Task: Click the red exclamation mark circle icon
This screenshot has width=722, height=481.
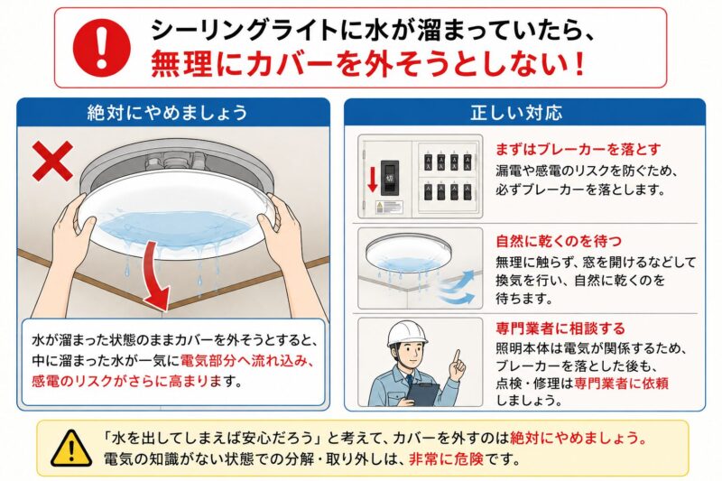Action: click(102, 48)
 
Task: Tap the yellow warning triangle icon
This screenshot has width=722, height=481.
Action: click(71, 449)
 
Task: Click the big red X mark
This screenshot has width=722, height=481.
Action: click(53, 161)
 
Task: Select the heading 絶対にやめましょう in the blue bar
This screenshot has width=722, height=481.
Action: click(168, 113)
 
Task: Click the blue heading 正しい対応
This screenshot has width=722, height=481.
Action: click(516, 113)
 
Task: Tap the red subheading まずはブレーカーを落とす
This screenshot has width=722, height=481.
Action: click(578, 150)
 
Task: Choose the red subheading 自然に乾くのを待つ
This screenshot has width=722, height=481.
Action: click(559, 241)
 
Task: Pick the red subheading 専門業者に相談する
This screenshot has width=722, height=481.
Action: click(560, 328)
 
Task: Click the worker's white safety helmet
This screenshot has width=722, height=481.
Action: click(407, 334)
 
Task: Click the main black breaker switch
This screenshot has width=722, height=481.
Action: click(390, 175)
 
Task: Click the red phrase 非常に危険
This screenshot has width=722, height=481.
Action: click(446, 459)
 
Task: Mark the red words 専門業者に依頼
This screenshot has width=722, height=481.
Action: click(621, 383)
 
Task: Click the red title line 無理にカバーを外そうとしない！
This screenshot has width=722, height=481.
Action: click(368, 64)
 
